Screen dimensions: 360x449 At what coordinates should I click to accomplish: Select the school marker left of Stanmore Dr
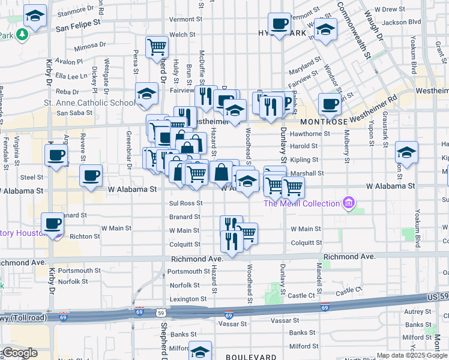[35, 16]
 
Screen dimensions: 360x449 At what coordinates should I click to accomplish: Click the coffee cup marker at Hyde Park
[279, 24]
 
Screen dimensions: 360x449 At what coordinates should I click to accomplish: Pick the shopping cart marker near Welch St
[157, 47]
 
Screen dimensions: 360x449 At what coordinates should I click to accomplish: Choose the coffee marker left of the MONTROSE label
[329, 104]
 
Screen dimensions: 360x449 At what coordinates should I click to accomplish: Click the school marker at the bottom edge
[200, 351]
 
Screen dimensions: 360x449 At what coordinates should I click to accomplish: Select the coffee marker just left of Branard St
[52, 224]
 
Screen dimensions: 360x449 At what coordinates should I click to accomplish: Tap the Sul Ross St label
[185, 203]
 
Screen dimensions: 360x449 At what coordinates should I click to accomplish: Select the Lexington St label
[187, 299]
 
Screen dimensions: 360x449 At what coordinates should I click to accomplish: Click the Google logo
[19, 353]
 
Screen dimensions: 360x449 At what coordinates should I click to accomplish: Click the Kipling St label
[304, 160]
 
